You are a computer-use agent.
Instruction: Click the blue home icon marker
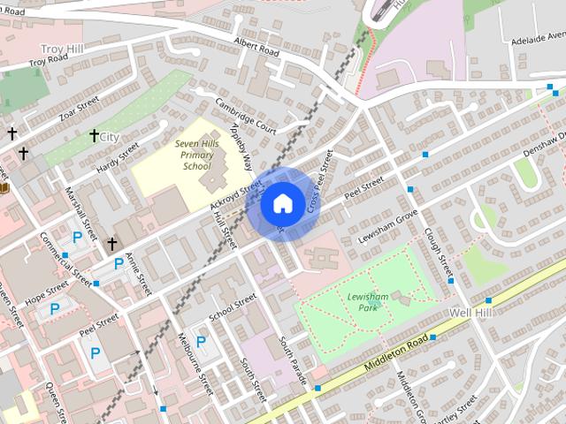pyautogui.click(x=281, y=204)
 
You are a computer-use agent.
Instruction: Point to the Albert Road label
pyautogui.click(x=256, y=47)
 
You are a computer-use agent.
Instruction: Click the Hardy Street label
pyautogui.click(x=118, y=155)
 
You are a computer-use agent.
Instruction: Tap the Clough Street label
pyautogui.click(x=439, y=250)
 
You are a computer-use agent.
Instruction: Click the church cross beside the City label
pyautogui.click(x=94, y=135)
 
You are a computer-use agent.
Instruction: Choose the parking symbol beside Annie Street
pyautogui.click(x=119, y=263)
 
